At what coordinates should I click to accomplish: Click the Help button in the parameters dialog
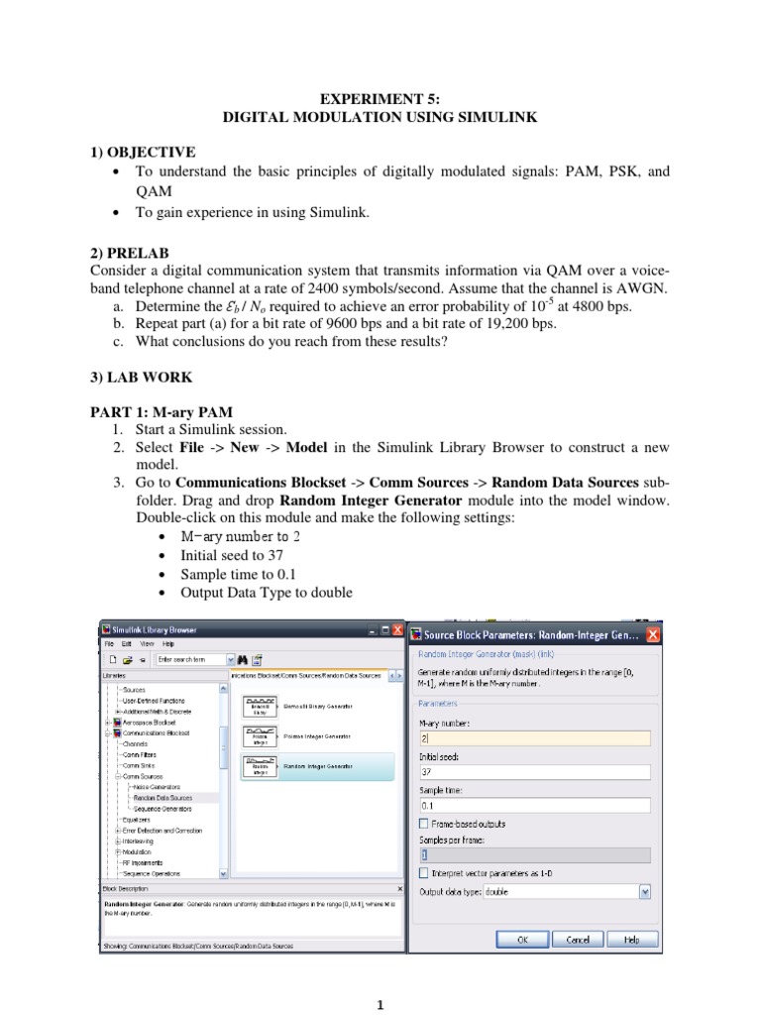631,939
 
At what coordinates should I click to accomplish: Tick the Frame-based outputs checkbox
424,824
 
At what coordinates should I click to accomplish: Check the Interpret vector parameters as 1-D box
424,873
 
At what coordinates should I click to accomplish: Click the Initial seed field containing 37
535,772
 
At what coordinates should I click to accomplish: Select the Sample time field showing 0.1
535,805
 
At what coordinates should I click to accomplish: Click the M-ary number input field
535,738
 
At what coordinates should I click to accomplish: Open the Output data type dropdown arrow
645,891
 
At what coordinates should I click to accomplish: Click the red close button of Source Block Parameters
653,634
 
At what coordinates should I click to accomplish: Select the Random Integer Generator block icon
260,766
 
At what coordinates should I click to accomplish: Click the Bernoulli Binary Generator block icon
260,706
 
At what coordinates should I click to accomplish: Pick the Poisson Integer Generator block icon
260,736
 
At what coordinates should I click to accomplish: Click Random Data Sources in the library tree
163,797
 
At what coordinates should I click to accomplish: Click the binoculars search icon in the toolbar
241,658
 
